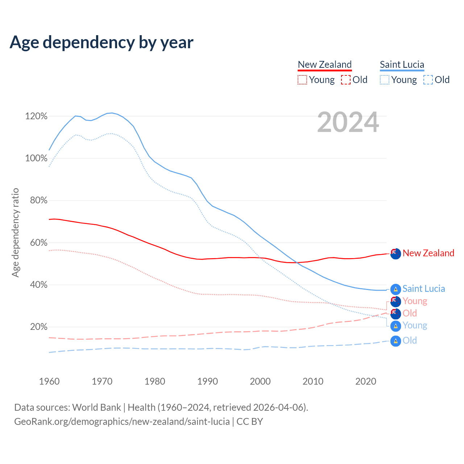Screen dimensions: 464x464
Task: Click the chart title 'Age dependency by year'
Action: tap(101, 42)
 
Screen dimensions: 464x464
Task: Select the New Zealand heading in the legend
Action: tap(324, 65)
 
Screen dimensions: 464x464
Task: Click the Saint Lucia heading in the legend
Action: tap(402, 65)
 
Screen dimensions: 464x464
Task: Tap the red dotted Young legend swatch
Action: tap(302, 80)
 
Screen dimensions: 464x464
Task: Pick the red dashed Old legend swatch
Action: tap(346, 80)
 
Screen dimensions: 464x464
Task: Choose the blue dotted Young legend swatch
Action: tap(385, 80)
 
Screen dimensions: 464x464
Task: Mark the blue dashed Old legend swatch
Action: tap(428, 80)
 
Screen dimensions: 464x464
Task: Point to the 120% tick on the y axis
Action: tap(36, 116)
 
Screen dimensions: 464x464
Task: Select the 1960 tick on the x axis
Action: tap(49, 381)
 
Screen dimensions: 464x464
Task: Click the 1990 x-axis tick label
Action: tap(208, 381)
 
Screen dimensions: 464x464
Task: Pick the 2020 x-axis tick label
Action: tap(366, 381)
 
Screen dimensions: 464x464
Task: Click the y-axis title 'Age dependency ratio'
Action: tap(15, 232)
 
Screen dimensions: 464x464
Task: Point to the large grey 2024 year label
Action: tap(348, 123)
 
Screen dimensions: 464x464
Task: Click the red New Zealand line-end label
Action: tap(428, 253)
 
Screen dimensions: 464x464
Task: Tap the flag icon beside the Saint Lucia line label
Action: tap(395, 289)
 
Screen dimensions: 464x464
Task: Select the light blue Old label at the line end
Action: tap(410, 341)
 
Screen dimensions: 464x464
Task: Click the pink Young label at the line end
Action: tap(415, 301)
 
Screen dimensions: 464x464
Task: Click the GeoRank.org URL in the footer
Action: tap(122, 422)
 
